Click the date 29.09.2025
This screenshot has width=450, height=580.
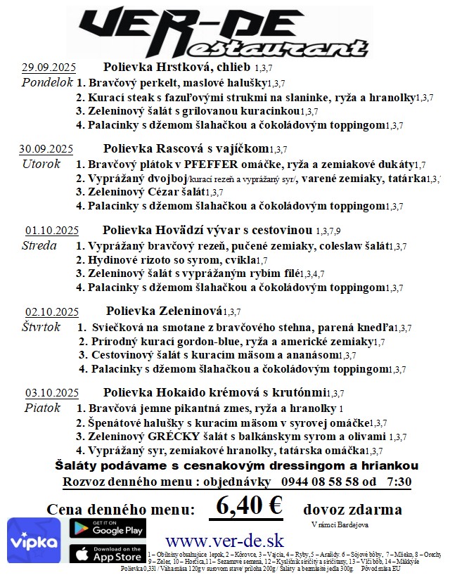tap(49, 68)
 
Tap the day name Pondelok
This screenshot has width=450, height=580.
tap(47, 82)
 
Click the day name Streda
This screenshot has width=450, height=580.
tap(40, 245)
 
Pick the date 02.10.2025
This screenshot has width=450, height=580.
tap(51, 312)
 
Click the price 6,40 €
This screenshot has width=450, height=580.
tap(250, 505)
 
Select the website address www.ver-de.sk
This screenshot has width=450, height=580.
tap(224, 541)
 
